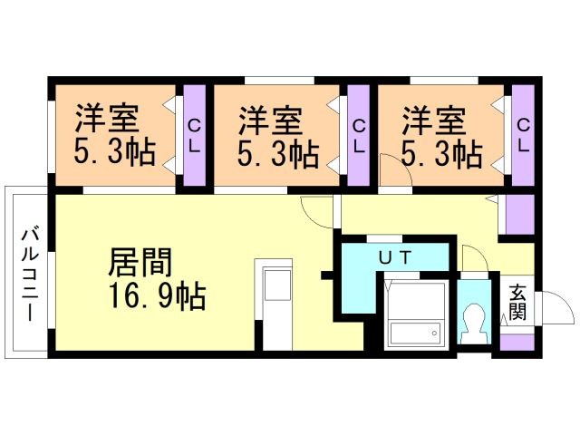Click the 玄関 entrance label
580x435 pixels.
[x=517, y=303]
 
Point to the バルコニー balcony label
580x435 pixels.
[x=27, y=271]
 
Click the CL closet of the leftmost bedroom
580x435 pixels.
[x=195, y=136]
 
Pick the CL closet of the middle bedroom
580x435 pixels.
[x=359, y=136]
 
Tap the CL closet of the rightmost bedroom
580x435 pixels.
[x=523, y=136]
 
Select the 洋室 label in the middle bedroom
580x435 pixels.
[x=270, y=119]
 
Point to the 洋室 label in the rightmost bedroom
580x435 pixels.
[x=434, y=119]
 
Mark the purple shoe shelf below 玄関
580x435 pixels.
[x=517, y=342]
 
